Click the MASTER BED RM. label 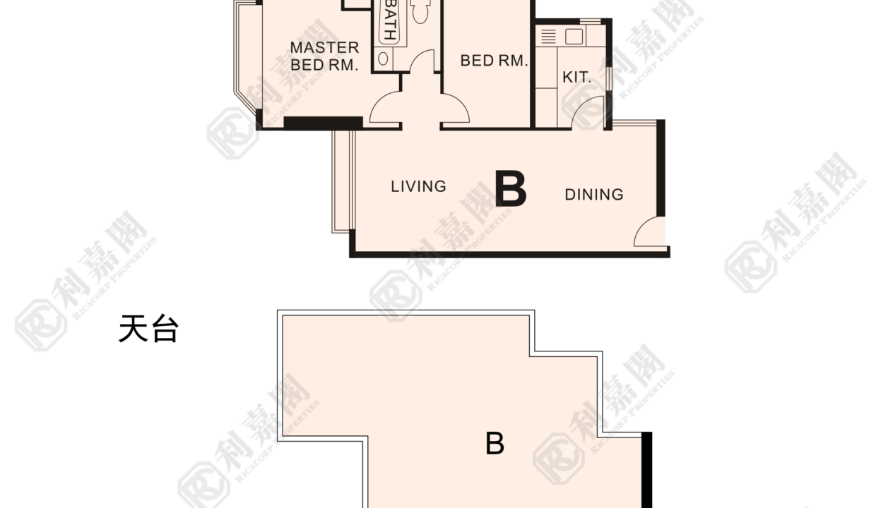324,56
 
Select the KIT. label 577,78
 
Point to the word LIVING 418,186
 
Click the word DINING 594,195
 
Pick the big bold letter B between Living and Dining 511,188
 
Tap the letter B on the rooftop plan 495,444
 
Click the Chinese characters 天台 148,329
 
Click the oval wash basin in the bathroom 383,59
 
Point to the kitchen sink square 574,37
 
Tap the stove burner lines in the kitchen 548,36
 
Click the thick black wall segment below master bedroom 323,123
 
